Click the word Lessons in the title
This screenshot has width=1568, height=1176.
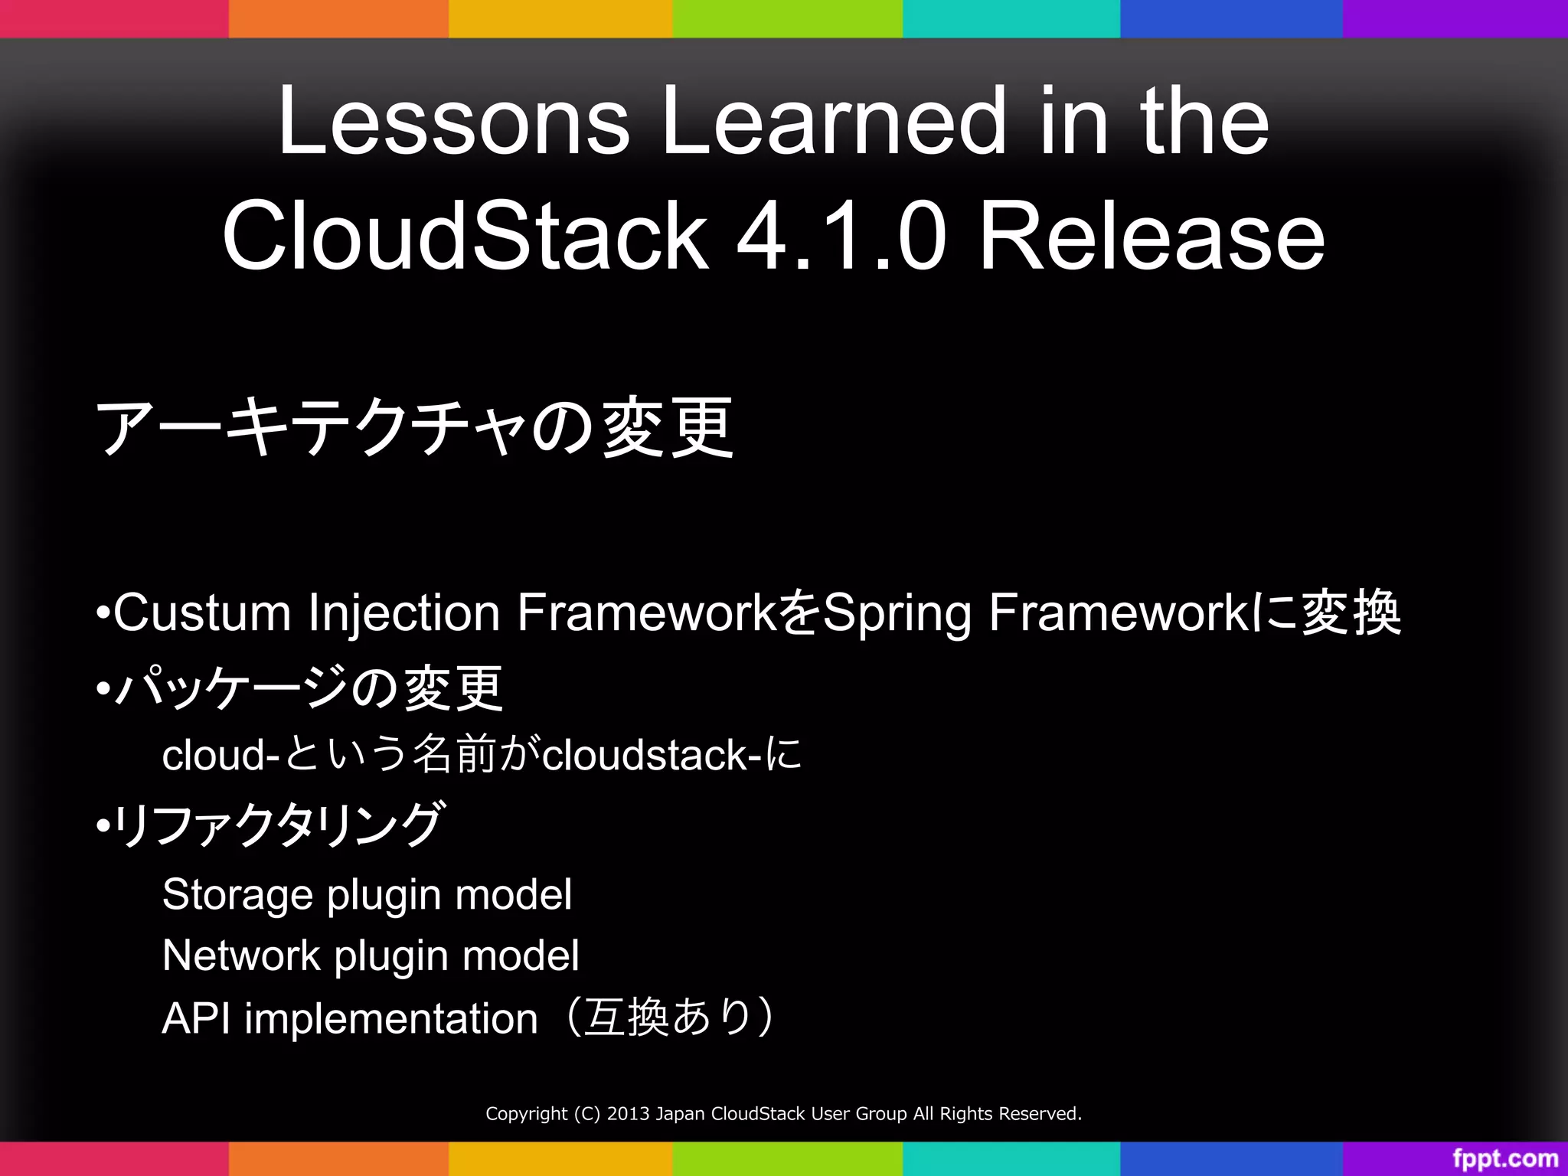tap(453, 121)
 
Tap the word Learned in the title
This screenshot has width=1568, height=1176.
tap(833, 121)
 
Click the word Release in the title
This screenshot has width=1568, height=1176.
tap(1151, 236)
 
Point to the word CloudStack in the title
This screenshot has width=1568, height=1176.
tap(465, 236)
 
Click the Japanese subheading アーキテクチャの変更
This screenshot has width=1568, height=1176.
tap(414, 427)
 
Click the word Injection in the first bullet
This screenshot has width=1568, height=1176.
tap(403, 614)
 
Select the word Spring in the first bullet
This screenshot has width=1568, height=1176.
tap(896, 614)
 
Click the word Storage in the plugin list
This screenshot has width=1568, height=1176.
tap(238, 894)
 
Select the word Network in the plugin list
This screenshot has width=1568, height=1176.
tap(241, 955)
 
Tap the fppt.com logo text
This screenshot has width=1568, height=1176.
tap(1505, 1158)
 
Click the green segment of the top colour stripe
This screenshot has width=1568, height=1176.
tap(787, 18)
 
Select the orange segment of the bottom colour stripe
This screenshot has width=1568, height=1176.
tap(338, 1158)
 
